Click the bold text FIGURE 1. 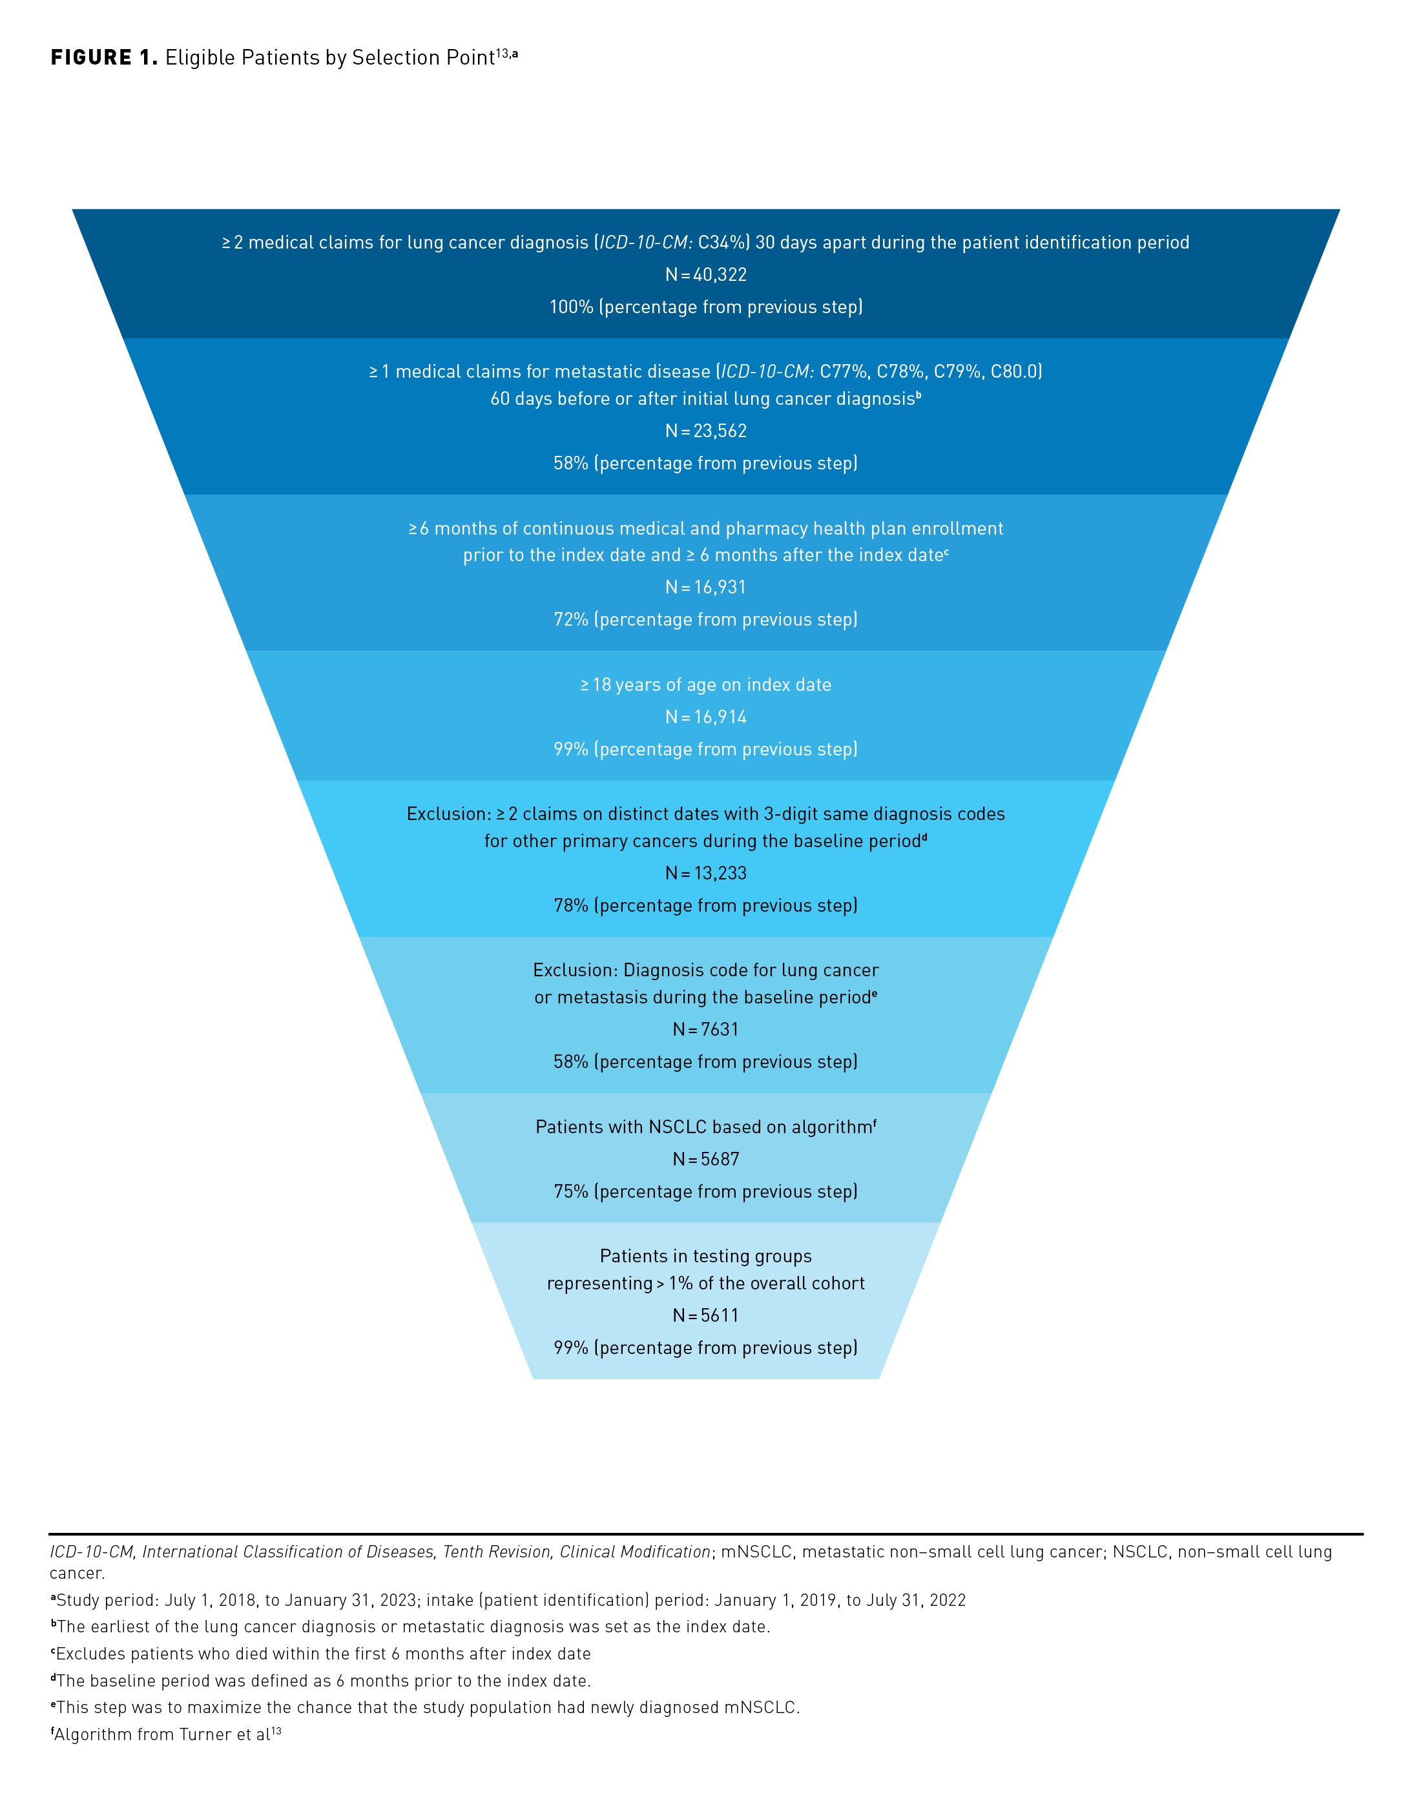(x=103, y=57)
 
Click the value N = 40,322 (x=705, y=274)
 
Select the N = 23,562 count (x=705, y=431)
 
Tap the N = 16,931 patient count (x=705, y=588)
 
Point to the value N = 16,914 (x=705, y=717)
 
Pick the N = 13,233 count (x=705, y=874)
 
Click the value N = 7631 (x=705, y=1030)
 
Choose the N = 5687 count (x=705, y=1160)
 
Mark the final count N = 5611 (x=705, y=1316)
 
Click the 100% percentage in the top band (x=571, y=307)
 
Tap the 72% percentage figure (x=571, y=620)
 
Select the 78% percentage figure (x=571, y=906)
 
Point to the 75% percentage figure (x=571, y=1192)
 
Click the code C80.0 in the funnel (x=1015, y=372)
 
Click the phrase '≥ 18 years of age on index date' (x=705, y=684)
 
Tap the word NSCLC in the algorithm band (x=675, y=1127)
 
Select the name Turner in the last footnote (x=204, y=1734)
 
